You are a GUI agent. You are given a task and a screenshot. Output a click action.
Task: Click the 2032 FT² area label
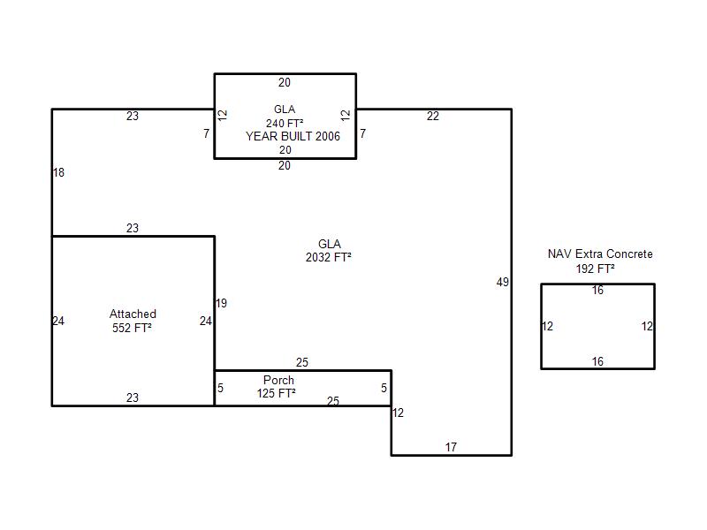click(328, 257)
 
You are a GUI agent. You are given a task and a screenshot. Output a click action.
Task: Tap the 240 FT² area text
click(285, 123)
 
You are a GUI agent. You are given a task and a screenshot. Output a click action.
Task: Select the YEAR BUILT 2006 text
click(293, 136)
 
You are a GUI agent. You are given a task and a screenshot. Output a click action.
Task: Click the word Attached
click(133, 314)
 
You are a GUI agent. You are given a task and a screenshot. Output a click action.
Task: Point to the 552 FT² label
click(132, 328)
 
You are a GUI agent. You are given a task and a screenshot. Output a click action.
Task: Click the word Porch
click(278, 380)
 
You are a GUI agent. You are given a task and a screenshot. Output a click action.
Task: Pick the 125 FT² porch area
click(277, 393)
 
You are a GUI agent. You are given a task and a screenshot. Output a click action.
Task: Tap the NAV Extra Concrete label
click(600, 254)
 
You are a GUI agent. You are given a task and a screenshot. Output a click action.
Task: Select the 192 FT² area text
click(595, 269)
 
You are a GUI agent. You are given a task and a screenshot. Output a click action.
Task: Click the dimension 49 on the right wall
click(503, 282)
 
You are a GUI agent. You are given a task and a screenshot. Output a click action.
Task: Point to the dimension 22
click(433, 117)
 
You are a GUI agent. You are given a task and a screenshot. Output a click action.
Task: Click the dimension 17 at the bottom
click(451, 447)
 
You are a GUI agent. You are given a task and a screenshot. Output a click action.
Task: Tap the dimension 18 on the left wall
click(58, 172)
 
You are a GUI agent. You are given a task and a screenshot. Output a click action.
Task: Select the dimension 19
click(221, 303)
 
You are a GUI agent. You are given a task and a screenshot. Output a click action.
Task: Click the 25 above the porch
click(302, 362)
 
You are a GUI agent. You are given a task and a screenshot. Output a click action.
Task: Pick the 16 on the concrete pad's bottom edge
click(597, 361)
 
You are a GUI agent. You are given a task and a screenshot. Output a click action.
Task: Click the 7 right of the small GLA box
click(363, 134)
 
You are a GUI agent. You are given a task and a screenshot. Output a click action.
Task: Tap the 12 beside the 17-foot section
click(398, 413)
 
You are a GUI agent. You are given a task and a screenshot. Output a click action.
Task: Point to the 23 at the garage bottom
click(133, 397)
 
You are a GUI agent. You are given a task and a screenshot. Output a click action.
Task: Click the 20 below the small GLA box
click(284, 165)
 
